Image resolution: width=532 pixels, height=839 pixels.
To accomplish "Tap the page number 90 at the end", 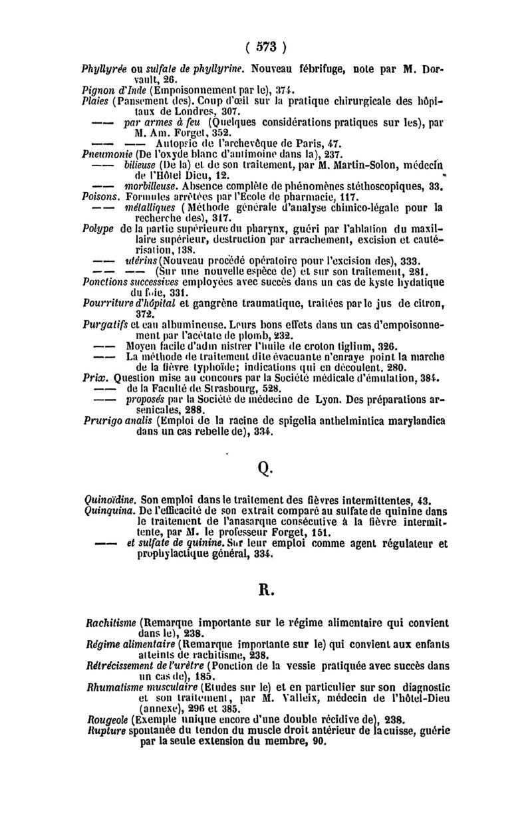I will [x=319, y=741].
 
